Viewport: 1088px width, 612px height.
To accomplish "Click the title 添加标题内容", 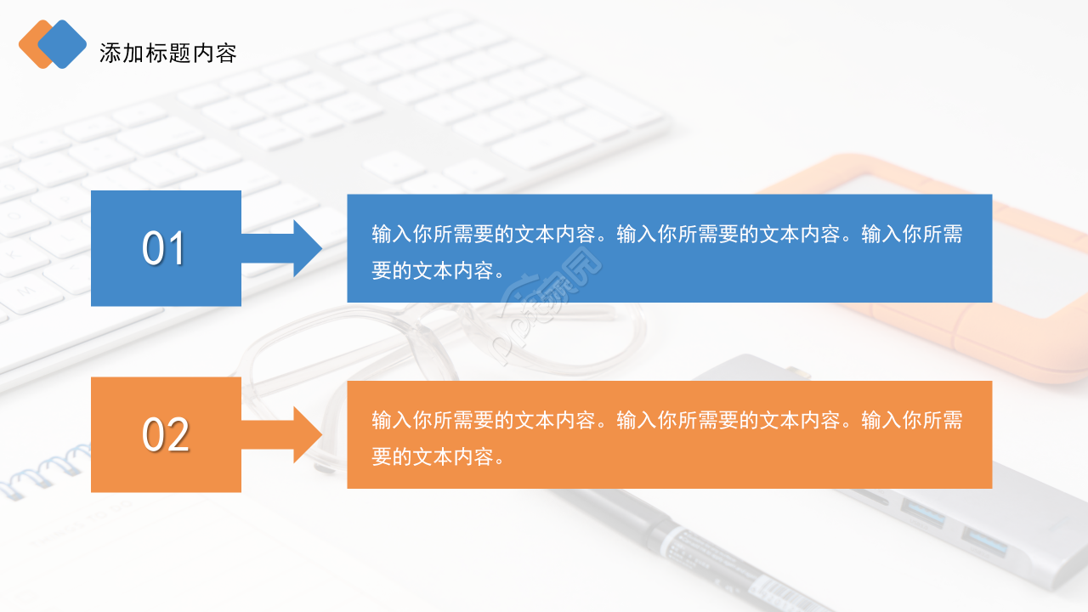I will (167, 54).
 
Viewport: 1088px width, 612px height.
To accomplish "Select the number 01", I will (164, 248).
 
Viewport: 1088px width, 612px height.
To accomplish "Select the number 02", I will (165, 434).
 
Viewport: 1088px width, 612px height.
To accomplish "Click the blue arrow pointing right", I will (284, 248).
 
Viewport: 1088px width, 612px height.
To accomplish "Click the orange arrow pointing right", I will (284, 434).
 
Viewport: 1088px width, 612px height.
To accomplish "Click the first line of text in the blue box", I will (667, 234).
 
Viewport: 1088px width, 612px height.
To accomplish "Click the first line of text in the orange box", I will (667, 420).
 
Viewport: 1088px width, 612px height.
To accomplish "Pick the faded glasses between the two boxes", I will (425, 340).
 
